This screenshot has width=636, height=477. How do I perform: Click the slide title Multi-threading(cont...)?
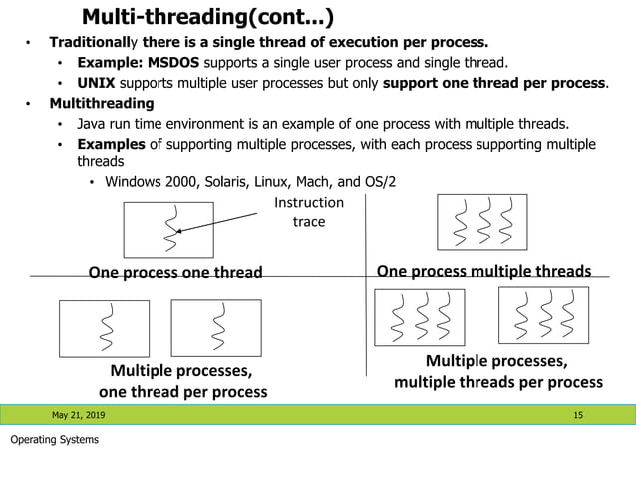pyautogui.click(x=207, y=17)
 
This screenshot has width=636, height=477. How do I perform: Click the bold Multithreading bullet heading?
pyautogui.click(x=102, y=103)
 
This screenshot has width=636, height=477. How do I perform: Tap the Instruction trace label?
pyautogui.click(x=308, y=212)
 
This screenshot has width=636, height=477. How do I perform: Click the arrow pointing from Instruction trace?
pyautogui.click(x=224, y=221)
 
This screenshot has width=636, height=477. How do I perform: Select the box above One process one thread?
pyautogui.click(x=168, y=230)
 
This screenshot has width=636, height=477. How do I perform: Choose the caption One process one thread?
pyautogui.click(x=175, y=272)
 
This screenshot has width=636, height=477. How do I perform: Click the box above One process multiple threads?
pyautogui.click(x=481, y=222)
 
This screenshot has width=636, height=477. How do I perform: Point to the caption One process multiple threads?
pyautogui.click(x=483, y=271)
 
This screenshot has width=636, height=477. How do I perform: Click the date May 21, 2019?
pyautogui.click(x=78, y=414)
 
